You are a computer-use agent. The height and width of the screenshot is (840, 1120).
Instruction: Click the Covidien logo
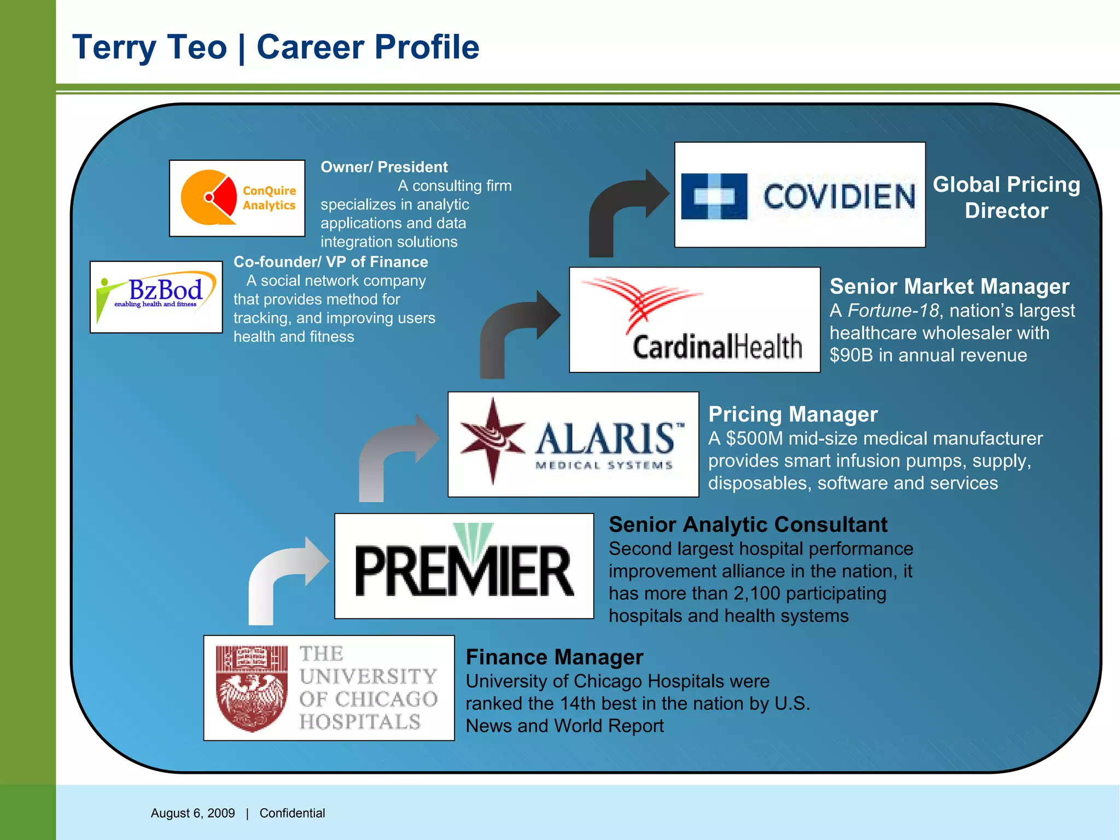pyautogui.click(x=800, y=195)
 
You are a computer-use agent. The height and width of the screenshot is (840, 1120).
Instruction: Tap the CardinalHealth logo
pyautogui.click(x=695, y=320)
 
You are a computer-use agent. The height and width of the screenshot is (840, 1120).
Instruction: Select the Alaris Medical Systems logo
pyautogui.click(x=573, y=444)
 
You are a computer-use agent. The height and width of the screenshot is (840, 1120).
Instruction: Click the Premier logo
pyautogui.click(x=464, y=566)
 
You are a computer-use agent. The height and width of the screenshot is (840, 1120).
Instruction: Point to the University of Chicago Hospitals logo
pyautogui.click(x=329, y=688)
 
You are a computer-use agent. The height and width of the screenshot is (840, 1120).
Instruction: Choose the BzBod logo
pyautogui.click(x=156, y=297)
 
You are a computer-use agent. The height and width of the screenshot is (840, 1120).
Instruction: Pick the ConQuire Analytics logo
pyautogui.click(x=237, y=198)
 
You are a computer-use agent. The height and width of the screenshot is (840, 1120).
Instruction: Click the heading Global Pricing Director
pyautogui.click(x=1006, y=197)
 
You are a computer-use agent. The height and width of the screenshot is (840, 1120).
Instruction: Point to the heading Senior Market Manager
pyautogui.click(x=949, y=287)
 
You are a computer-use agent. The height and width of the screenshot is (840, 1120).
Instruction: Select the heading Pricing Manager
pyautogui.click(x=793, y=415)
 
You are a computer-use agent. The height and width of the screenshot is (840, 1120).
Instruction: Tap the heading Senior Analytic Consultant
pyautogui.click(x=748, y=525)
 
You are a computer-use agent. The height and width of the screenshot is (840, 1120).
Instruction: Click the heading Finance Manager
pyautogui.click(x=555, y=657)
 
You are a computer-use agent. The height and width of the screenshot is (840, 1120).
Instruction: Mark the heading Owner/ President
pyautogui.click(x=384, y=167)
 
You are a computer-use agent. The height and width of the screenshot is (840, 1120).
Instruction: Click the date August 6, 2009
pyautogui.click(x=192, y=813)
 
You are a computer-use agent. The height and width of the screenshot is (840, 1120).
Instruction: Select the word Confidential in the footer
pyautogui.click(x=292, y=813)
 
